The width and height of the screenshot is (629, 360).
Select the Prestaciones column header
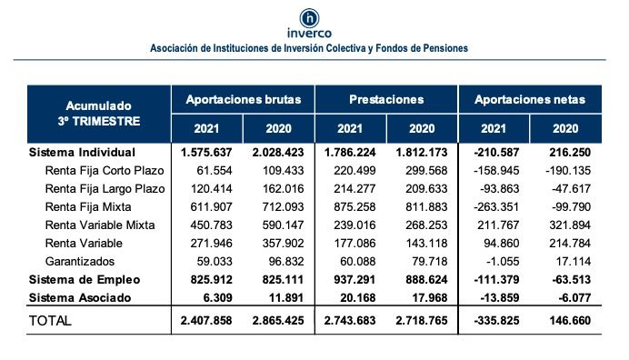point(386,98)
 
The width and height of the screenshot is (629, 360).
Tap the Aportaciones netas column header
point(531,98)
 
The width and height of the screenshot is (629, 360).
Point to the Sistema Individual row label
point(82,152)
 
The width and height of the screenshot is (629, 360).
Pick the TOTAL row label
point(52,321)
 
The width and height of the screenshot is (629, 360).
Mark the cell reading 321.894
point(566,225)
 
